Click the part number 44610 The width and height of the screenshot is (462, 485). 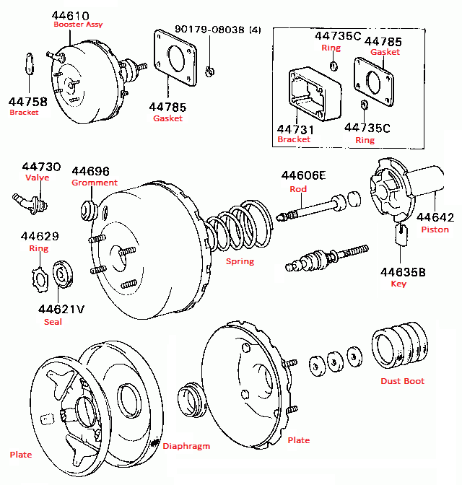[x=70, y=15]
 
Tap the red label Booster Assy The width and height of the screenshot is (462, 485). [x=78, y=25]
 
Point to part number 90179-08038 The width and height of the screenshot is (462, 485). [x=209, y=30]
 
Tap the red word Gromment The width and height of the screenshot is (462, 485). [x=94, y=183]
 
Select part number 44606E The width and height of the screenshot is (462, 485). [x=303, y=175]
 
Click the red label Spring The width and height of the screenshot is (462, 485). [x=240, y=261]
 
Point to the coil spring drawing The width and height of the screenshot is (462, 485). [x=237, y=227]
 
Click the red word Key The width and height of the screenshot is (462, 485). [x=398, y=284]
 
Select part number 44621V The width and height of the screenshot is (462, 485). [x=61, y=308]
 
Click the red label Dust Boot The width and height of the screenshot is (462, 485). [x=403, y=381]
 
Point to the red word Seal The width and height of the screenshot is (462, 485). [x=53, y=322]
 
